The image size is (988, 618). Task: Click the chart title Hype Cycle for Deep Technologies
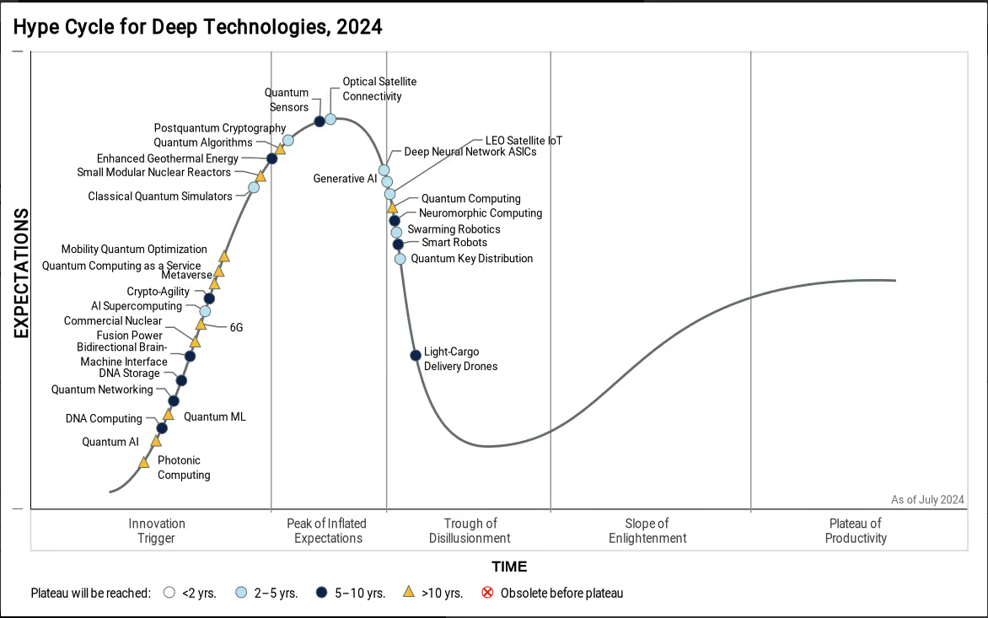[x=197, y=27]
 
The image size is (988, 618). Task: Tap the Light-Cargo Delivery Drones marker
[x=416, y=355]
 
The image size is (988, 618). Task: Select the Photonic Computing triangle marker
[x=144, y=461]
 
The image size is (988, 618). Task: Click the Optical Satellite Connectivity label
[x=379, y=89]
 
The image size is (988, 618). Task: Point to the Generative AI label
[x=345, y=179]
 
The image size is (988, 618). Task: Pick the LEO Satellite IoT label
[x=524, y=141]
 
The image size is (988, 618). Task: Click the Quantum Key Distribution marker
[x=400, y=259]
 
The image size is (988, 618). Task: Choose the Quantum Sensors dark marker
[x=319, y=121]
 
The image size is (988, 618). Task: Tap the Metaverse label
[x=186, y=275]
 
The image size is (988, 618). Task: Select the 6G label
[x=236, y=327]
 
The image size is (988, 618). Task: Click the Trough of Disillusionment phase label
[x=470, y=531]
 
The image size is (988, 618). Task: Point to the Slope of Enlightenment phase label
[x=647, y=531]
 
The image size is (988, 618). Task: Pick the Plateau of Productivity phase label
[x=856, y=531]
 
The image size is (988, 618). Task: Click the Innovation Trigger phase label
[x=157, y=531]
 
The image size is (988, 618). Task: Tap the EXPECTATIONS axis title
[x=21, y=273]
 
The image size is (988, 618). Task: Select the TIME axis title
[x=510, y=567]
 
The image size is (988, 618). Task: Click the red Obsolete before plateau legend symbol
[x=487, y=593]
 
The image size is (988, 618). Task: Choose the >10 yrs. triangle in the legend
[x=408, y=593]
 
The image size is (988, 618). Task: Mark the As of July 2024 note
[x=927, y=500]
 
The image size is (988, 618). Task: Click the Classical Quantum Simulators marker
[x=254, y=187]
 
